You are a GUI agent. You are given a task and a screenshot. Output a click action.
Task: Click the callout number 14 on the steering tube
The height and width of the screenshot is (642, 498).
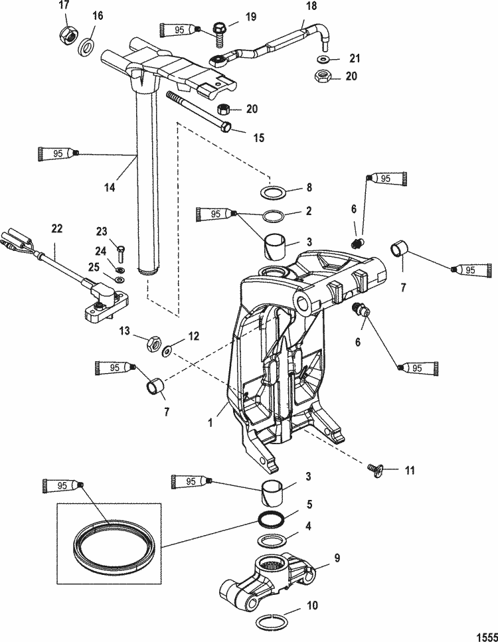[110, 188]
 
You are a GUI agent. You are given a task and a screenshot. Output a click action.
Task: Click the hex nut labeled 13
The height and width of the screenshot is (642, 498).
[151, 343]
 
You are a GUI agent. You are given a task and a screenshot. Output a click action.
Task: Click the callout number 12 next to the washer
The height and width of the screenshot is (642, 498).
[194, 336]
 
